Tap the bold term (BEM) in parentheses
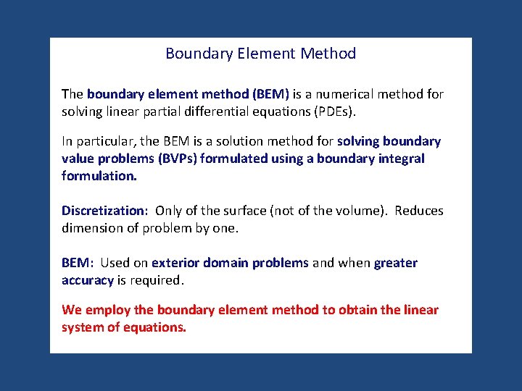tap(270, 94)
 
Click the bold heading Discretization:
tap(104, 211)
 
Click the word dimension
tap(91, 228)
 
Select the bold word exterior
tap(175, 263)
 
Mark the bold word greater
tap(395, 263)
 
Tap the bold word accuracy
tap(88, 280)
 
